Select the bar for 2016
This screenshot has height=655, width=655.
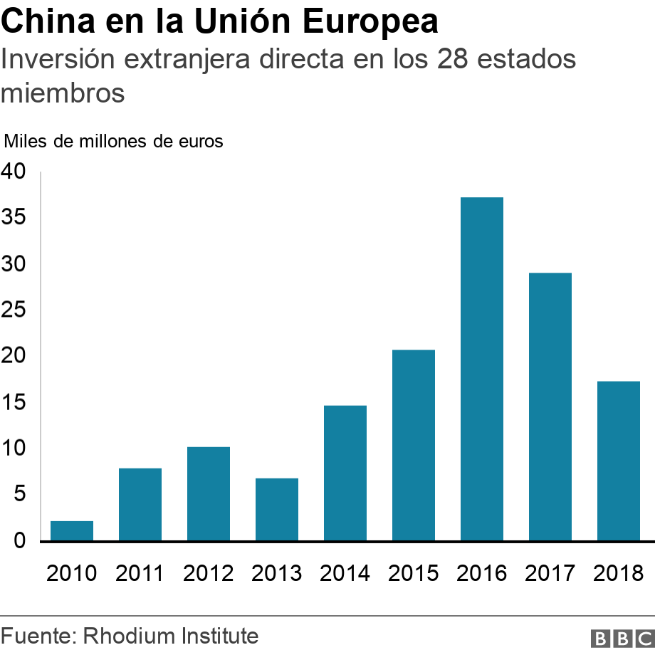point(482,369)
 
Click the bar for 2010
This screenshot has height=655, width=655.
point(72,530)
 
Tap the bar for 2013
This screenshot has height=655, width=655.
point(277,509)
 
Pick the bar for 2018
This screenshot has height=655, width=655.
point(619,461)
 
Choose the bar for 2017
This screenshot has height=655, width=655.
point(550,407)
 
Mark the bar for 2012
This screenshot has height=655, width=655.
point(209,493)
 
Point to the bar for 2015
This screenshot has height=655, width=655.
point(414,445)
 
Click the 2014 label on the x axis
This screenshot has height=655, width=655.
point(345,572)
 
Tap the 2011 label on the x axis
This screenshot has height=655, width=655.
point(140,572)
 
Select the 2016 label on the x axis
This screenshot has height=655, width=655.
point(482,572)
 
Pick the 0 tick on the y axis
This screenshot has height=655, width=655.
point(19,541)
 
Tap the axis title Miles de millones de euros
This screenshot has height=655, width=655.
point(114,141)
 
